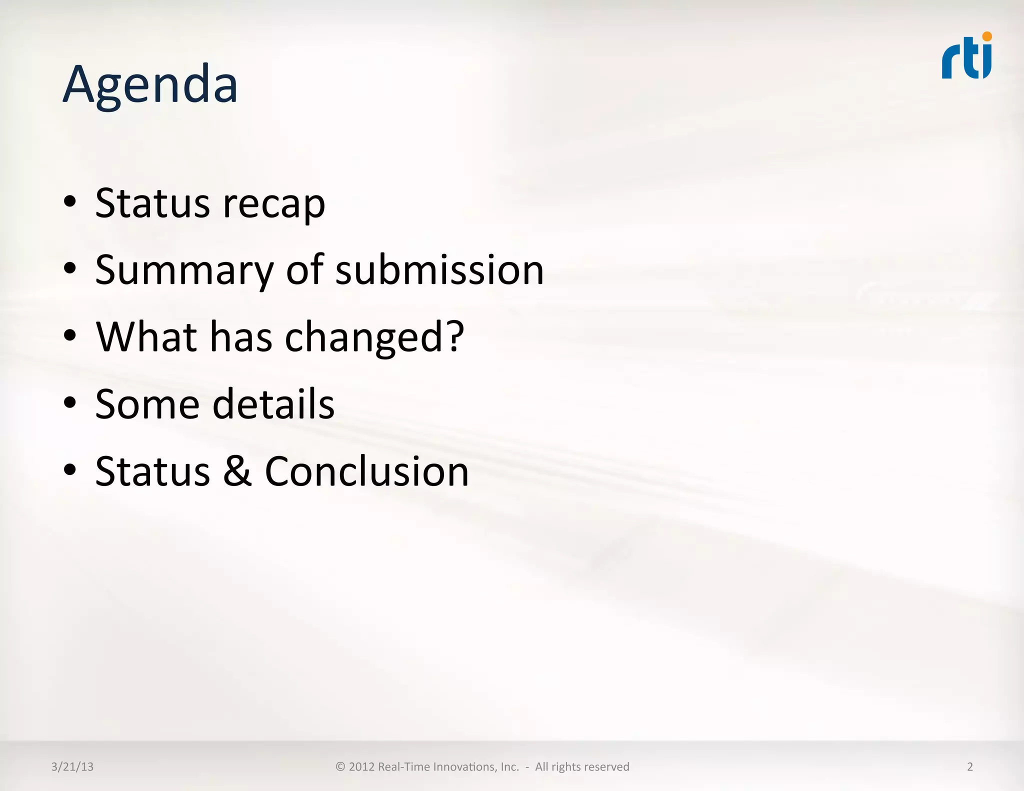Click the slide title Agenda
tap(150, 85)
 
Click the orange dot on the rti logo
tap(987, 36)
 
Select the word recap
tap(274, 204)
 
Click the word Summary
tap(184, 270)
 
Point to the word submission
tap(439, 270)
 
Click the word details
tap(273, 404)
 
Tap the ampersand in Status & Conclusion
tap(237, 471)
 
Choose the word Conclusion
tap(366, 471)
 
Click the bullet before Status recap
tap(70, 202)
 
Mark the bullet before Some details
tap(70, 403)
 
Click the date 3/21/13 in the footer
tap(72, 766)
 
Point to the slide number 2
tap(970, 766)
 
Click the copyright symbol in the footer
tap(340, 766)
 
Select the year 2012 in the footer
tap(361, 766)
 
